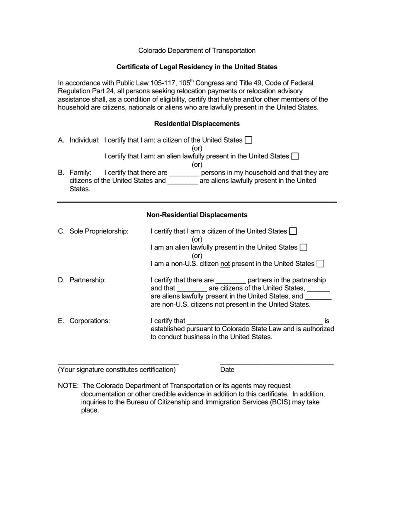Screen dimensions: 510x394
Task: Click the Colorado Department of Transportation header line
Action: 197,51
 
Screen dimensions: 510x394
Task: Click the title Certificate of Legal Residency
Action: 197,67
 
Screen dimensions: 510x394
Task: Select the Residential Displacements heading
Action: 197,124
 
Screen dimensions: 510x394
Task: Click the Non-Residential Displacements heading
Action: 197,215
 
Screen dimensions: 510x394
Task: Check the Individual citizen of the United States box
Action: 248,140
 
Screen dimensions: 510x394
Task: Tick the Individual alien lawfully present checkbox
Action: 295,156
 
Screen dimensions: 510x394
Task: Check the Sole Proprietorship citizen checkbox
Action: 293,231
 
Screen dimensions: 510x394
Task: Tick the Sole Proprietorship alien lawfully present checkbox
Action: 303,248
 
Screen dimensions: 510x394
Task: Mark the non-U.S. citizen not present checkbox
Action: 320,264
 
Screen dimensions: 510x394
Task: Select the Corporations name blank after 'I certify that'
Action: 255,321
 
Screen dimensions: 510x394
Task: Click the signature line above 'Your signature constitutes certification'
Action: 118,364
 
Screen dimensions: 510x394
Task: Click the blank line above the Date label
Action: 277,364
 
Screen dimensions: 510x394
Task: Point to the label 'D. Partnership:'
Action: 82,280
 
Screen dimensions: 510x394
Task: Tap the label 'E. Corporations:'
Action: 84,321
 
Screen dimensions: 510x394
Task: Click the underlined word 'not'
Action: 225,264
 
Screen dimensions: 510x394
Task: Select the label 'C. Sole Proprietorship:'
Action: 93,231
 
